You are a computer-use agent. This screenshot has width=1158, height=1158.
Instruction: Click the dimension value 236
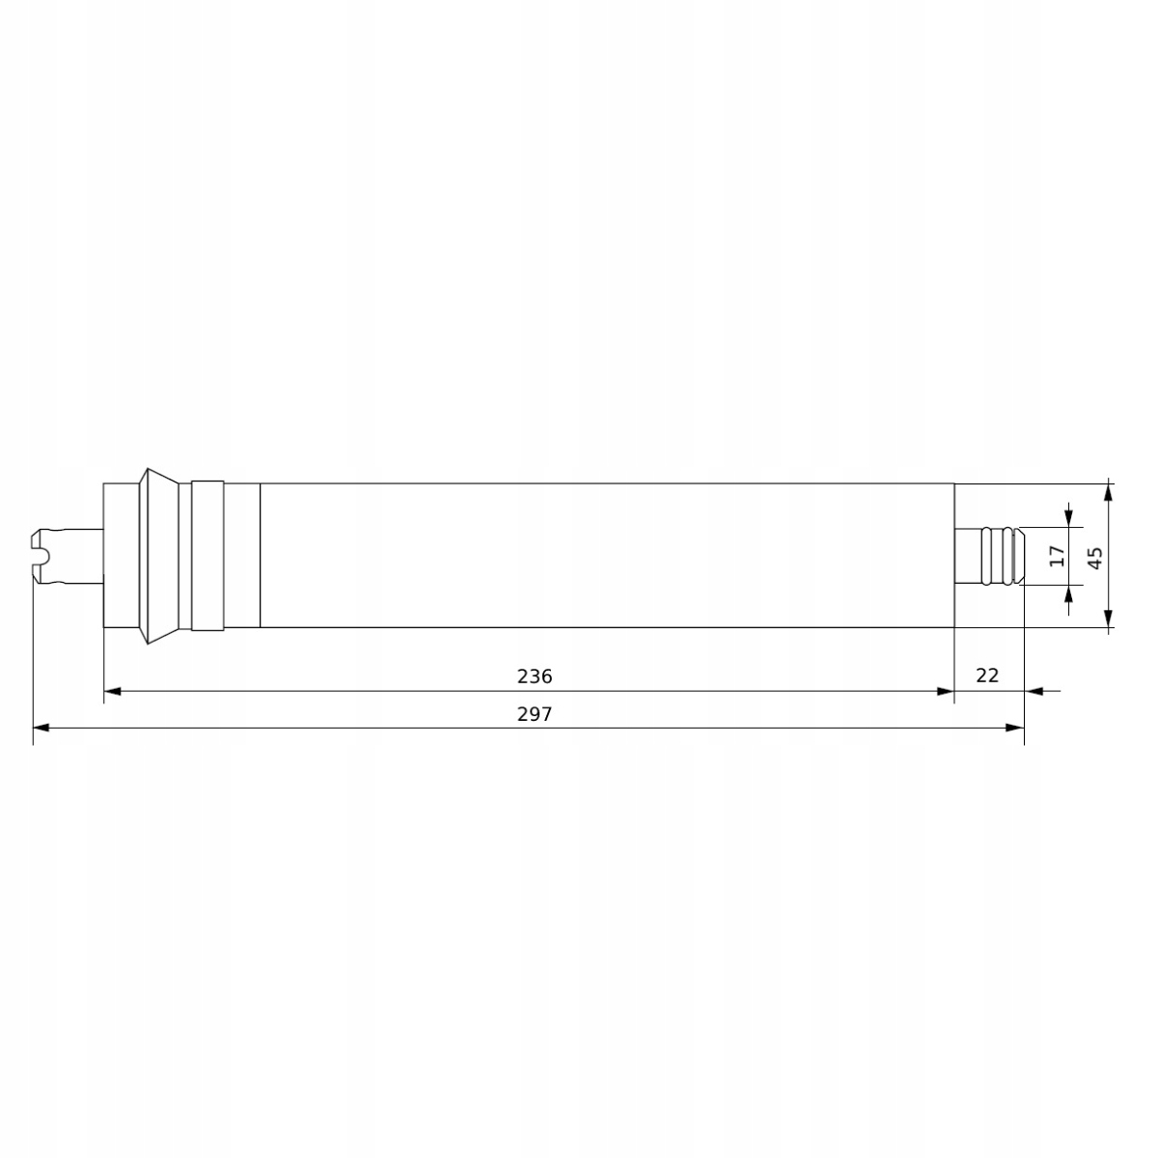(535, 676)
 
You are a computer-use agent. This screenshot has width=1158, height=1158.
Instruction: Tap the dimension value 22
(987, 675)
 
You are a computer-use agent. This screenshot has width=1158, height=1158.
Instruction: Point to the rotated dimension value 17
(1057, 556)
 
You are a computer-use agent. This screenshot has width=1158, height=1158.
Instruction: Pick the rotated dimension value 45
(1094, 557)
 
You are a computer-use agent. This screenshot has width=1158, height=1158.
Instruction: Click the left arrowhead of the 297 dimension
(41, 727)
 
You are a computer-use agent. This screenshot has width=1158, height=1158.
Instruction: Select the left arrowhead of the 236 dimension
(112, 691)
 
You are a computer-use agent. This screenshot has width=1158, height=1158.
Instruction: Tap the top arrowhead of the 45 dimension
(1109, 491)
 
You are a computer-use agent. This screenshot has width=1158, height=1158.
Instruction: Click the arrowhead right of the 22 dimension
(1034, 691)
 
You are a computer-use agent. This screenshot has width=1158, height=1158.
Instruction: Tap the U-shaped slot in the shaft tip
(41, 556)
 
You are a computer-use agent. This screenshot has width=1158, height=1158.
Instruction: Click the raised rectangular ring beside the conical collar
(207, 556)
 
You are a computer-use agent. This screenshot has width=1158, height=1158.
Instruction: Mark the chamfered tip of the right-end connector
(1018, 556)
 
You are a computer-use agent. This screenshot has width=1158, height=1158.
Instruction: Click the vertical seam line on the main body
(261, 556)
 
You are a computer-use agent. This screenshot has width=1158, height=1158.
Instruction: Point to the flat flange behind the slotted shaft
(121, 556)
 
